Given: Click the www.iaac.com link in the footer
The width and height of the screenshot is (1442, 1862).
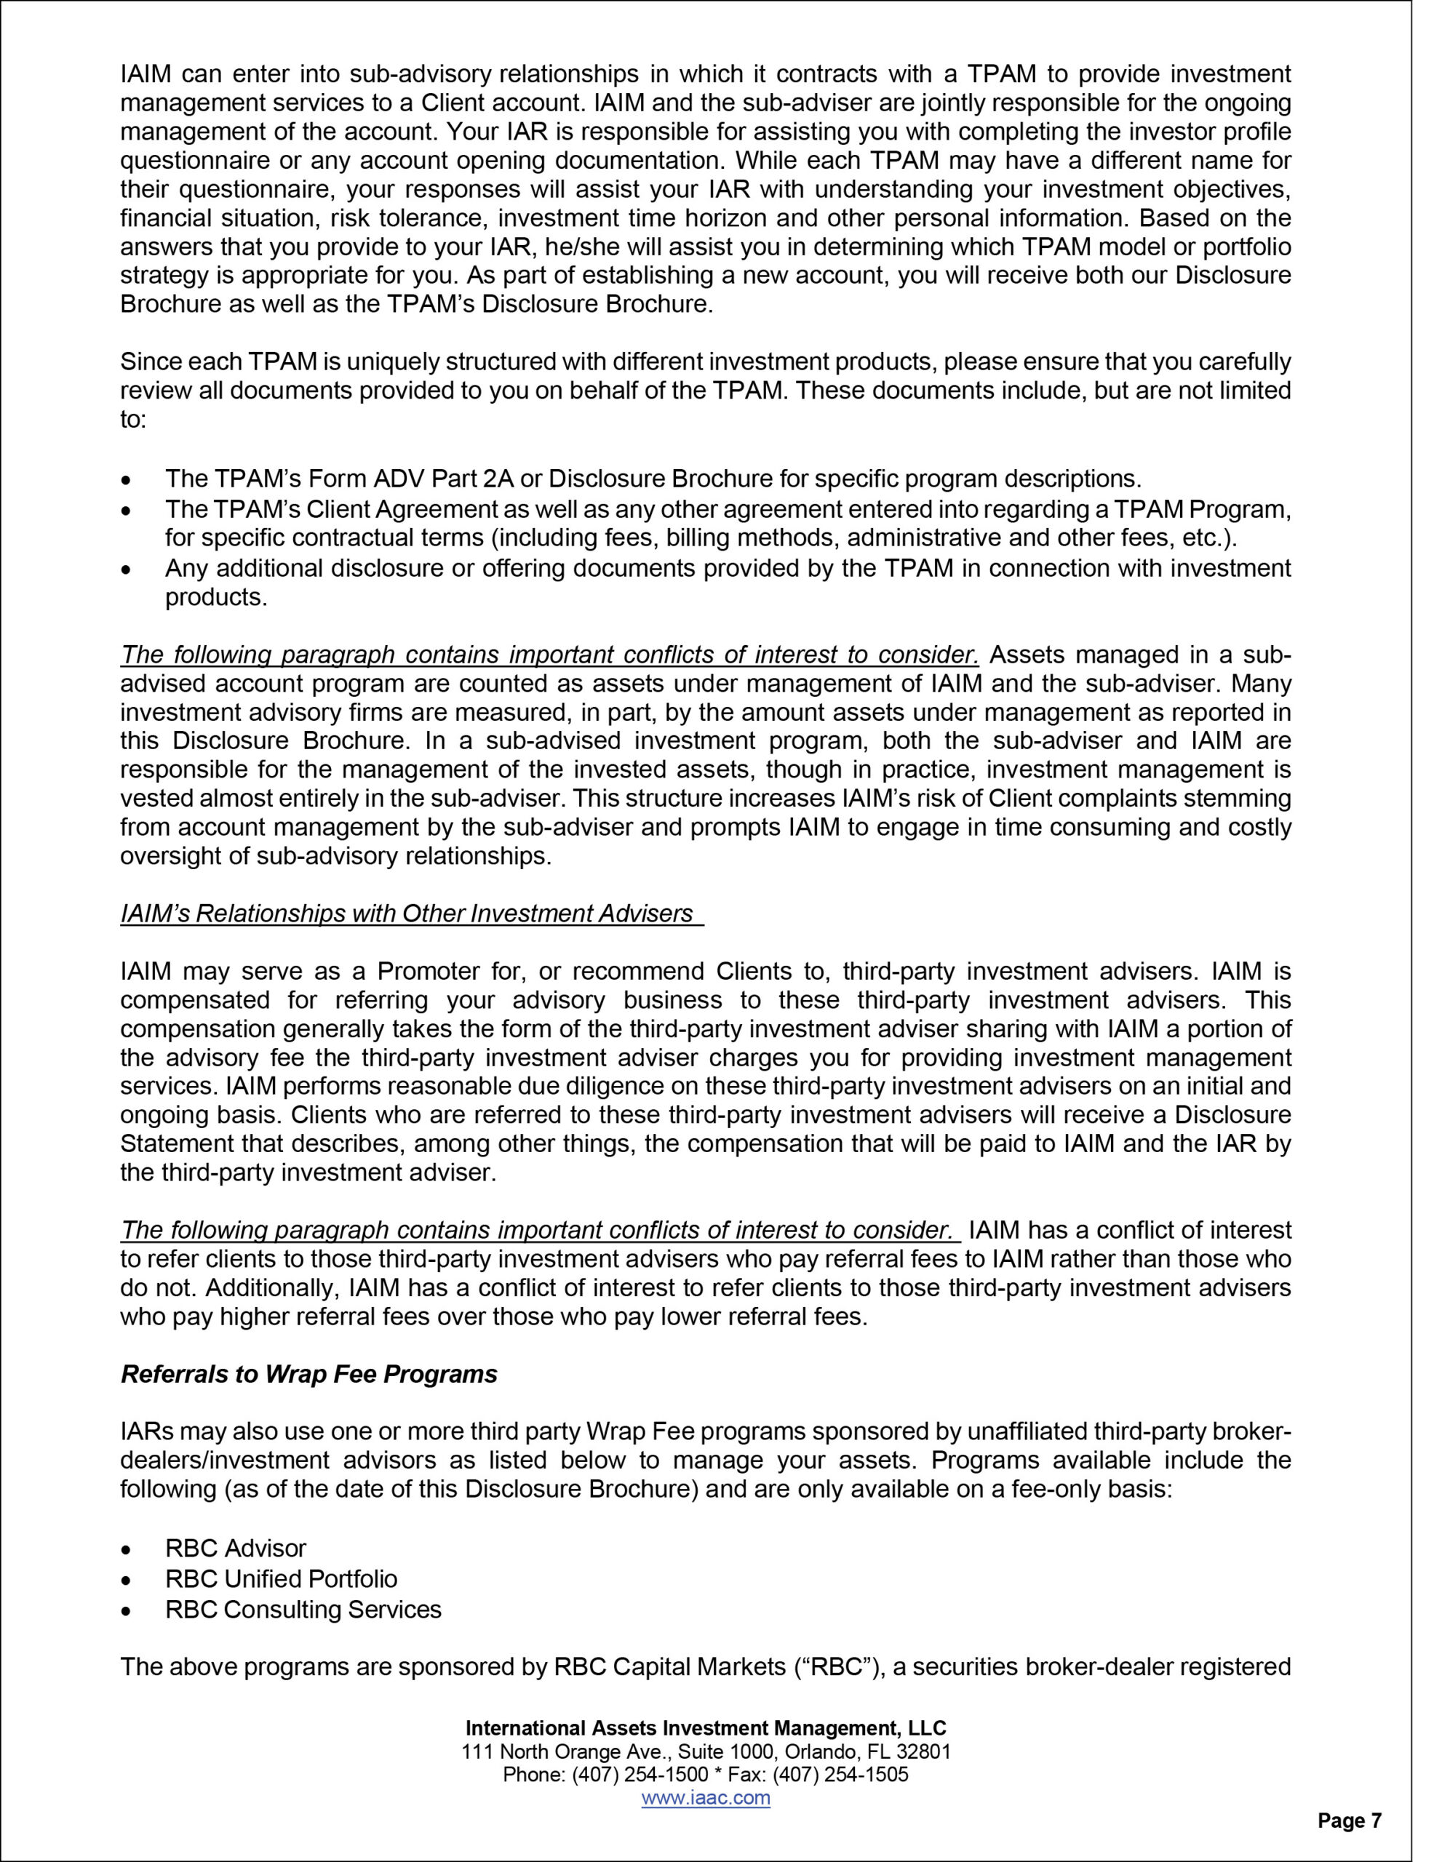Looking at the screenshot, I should point(705,1798).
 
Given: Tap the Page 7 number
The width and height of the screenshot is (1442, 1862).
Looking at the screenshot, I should point(1349,1821).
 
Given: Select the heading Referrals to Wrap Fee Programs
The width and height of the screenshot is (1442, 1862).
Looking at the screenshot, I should point(308,1375).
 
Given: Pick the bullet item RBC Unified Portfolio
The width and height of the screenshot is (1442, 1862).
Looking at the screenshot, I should point(282,1579).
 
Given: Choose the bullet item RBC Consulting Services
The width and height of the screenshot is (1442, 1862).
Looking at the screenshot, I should point(303,1610).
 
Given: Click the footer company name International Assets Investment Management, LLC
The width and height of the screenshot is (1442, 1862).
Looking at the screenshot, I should point(706,1728).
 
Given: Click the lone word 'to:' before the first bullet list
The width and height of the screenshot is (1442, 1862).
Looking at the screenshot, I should point(133,420).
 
